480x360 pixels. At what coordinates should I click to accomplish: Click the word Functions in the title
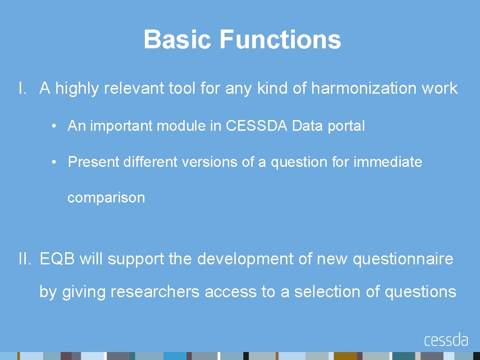pos(280,39)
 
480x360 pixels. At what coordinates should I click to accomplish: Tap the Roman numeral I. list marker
pos(23,88)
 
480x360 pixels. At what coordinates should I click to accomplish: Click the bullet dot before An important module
pos(55,126)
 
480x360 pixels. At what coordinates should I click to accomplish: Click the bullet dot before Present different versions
pos(55,162)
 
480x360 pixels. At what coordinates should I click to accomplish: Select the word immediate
pos(388,162)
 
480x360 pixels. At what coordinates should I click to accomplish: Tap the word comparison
pos(106,198)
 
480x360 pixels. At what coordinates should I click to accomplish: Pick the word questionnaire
pos(403,259)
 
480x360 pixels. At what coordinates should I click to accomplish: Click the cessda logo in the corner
pos(446,340)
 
